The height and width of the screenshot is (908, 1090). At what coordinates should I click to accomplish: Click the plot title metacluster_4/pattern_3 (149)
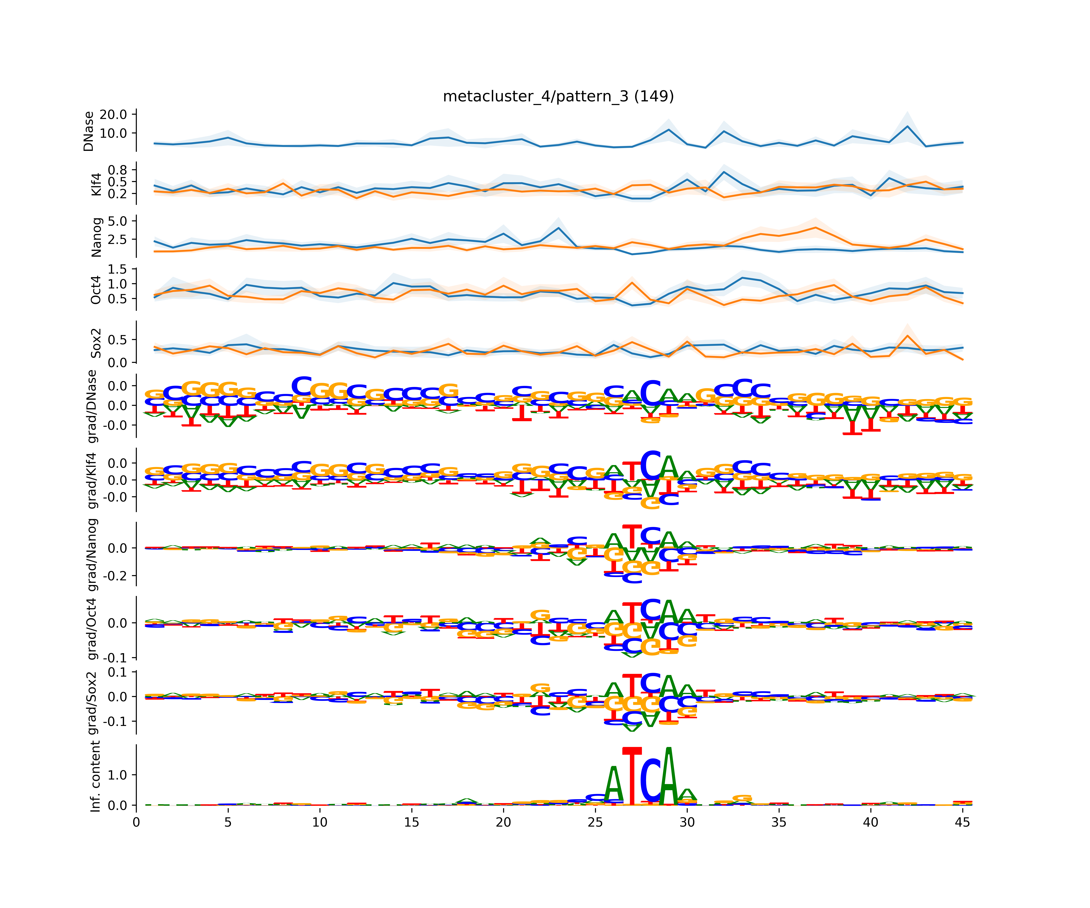pos(558,97)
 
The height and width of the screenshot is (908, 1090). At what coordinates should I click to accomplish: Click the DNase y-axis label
pos(89,131)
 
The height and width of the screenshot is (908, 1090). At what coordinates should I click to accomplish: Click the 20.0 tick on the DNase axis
pos(113,114)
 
